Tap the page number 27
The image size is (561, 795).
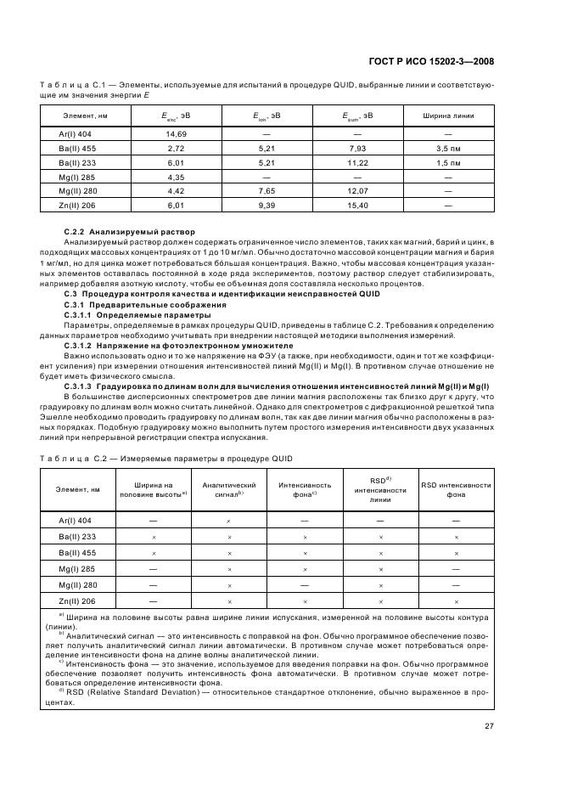coord(490,725)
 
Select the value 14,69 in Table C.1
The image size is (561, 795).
coord(177,134)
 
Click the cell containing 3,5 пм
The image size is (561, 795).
coord(448,148)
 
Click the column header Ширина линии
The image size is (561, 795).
coord(448,116)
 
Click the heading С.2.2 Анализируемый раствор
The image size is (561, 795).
coord(130,232)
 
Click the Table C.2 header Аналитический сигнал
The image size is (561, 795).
coord(229,488)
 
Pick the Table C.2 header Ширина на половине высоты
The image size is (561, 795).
coord(154,488)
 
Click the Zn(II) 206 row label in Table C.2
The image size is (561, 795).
coord(78,601)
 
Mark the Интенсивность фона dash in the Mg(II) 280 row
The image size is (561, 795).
coord(304,585)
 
